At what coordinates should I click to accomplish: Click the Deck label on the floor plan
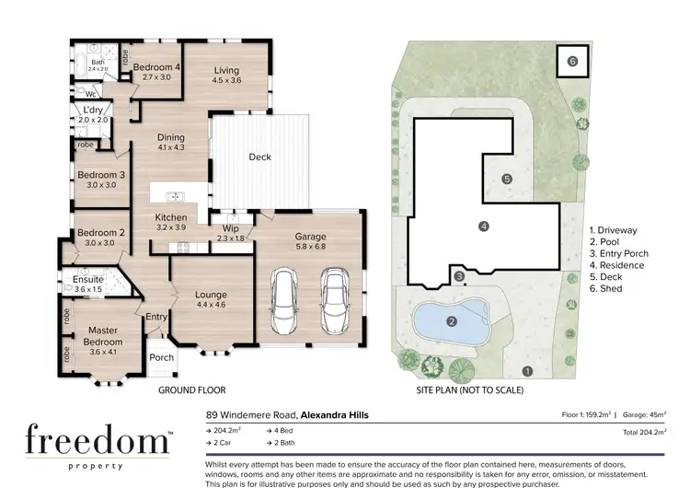(260, 157)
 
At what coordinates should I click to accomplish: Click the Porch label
(162, 357)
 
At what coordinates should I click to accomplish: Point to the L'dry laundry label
(93, 115)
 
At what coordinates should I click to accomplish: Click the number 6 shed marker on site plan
(571, 62)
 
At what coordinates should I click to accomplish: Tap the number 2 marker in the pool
(451, 321)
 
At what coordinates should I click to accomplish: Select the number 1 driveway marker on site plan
(526, 372)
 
